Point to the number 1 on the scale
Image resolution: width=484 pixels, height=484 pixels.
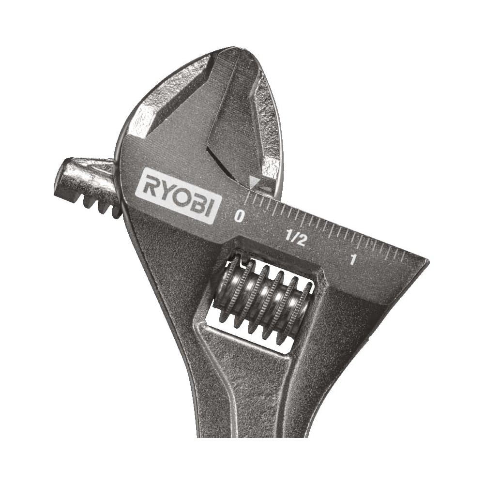352,259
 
